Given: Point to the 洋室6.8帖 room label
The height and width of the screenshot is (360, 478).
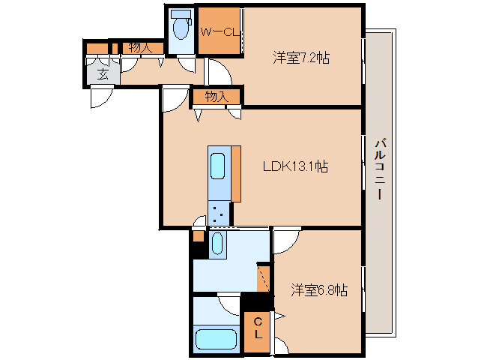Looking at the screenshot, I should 318,289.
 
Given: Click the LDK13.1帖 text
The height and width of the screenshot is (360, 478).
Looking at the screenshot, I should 293,167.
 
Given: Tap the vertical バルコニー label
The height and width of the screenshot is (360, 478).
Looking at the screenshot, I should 380,169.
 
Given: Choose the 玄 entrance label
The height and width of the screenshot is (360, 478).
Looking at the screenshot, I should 101,73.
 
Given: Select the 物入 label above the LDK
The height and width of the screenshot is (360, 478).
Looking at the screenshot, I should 217,97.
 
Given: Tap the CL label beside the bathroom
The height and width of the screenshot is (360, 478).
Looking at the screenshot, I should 257,327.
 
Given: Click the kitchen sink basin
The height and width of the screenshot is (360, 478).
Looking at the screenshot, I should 219,165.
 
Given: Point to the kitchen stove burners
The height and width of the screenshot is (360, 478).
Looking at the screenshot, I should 219,213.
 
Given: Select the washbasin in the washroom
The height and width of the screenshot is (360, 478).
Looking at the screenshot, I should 217,243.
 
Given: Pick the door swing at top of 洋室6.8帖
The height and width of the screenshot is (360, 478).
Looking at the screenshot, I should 285,241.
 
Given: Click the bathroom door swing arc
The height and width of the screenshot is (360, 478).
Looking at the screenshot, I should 229,303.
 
